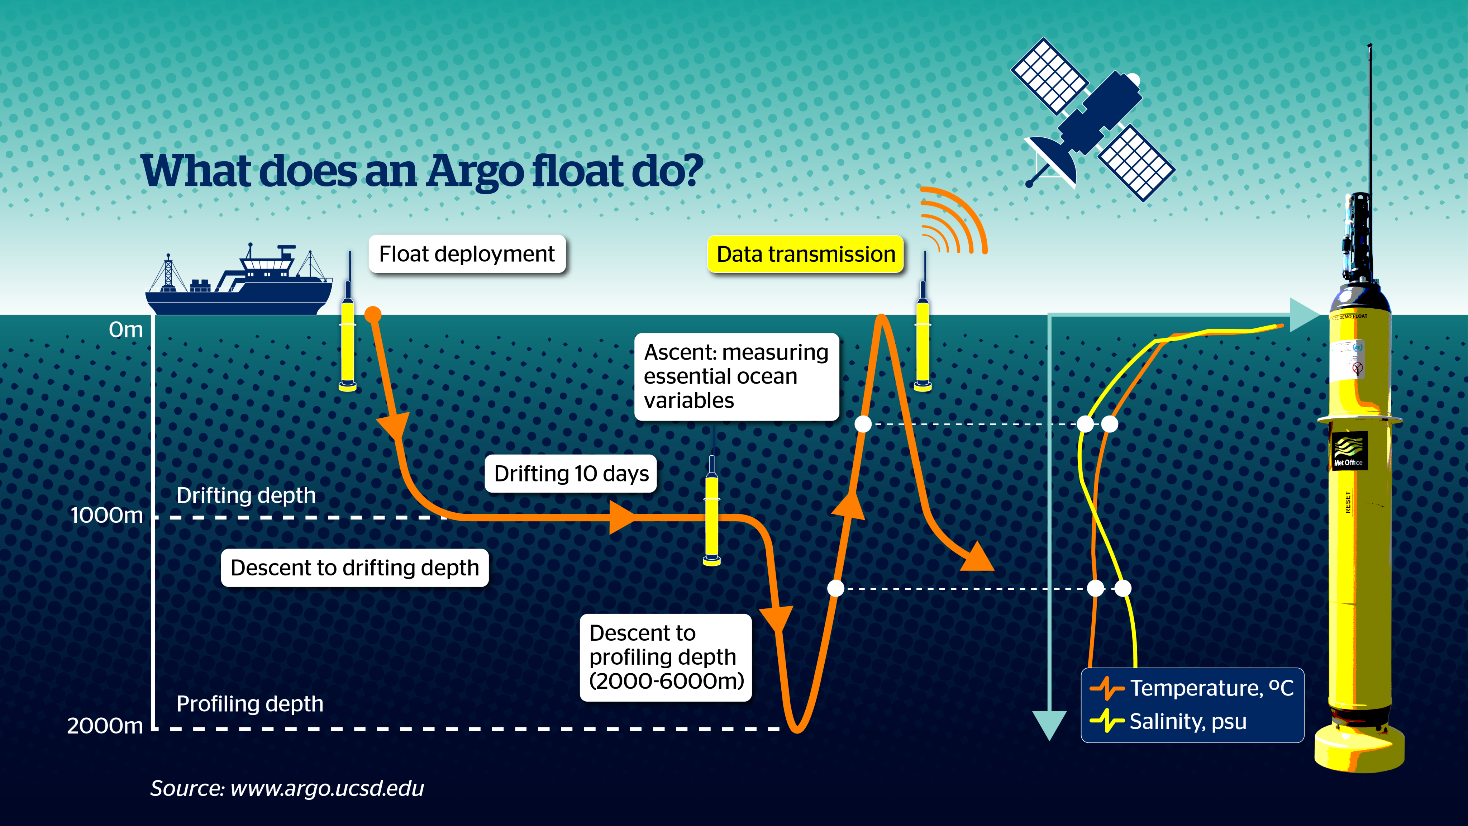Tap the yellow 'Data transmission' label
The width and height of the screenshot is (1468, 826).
click(x=805, y=254)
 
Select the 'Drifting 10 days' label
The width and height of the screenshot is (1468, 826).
click(x=571, y=474)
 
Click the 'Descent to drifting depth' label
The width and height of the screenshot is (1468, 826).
click(x=354, y=568)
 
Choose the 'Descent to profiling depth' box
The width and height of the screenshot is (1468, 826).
click(x=666, y=657)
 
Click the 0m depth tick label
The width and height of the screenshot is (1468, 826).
click(x=126, y=329)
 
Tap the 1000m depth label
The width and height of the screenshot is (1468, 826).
click(x=106, y=515)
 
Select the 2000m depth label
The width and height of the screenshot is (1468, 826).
click(x=105, y=726)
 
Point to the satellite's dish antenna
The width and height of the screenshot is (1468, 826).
click(x=1052, y=161)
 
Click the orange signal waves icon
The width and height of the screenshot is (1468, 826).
click(x=953, y=220)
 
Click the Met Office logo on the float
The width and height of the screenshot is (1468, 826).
click(x=1348, y=450)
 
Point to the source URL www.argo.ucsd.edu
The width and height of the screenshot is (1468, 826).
click(x=327, y=788)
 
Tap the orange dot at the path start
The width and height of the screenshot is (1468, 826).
click(x=373, y=314)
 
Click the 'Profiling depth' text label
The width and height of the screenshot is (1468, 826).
click(x=249, y=704)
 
